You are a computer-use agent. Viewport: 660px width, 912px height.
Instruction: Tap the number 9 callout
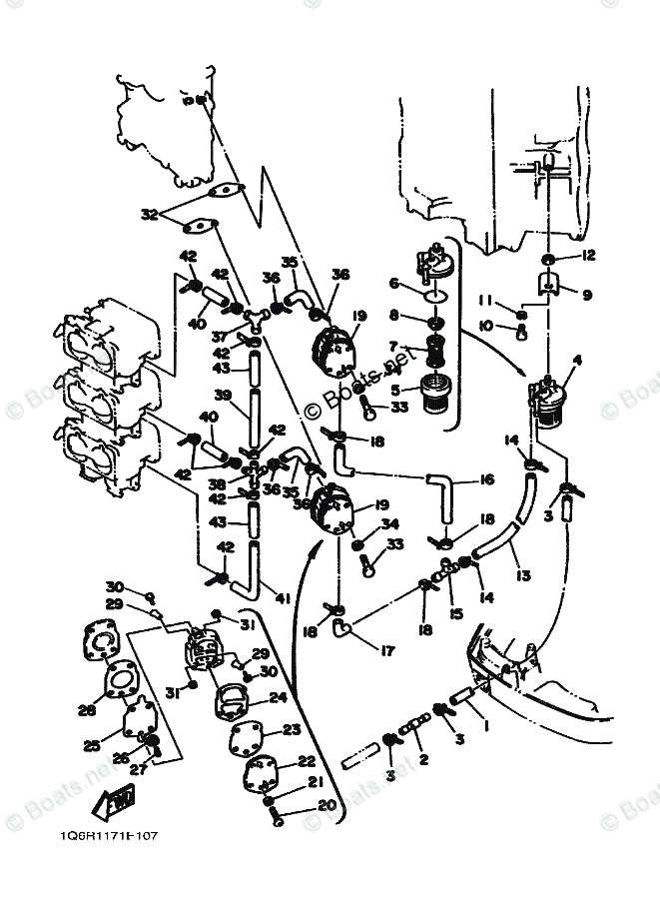[587, 295]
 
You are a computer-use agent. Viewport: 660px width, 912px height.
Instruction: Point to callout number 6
[393, 284]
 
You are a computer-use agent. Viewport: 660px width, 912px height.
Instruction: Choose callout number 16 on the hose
[487, 480]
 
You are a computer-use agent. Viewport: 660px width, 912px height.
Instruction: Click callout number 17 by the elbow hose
[387, 650]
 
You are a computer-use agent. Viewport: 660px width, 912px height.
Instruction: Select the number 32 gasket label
[149, 214]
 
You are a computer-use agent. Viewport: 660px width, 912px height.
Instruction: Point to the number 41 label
[283, 599]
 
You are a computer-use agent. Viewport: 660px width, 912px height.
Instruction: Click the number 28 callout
[87, 709]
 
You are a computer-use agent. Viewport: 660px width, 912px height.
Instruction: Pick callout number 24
[278, 698]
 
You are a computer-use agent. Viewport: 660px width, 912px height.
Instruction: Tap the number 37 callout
[218, 337]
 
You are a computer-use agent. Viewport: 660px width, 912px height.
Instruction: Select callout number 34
[390, 523]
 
